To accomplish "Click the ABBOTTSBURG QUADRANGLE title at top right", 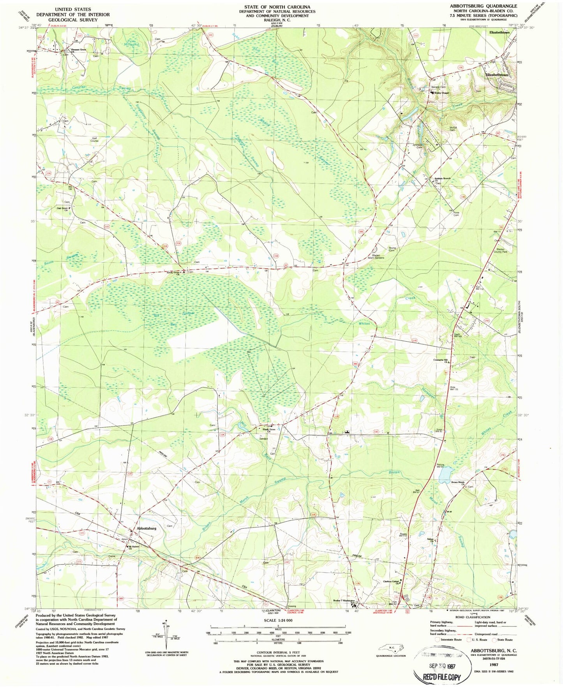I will point(478,6).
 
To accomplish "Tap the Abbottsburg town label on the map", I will point(146,528).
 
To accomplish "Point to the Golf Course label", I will point(95,139).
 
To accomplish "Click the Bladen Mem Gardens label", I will point(376,257).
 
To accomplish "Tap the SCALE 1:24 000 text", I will point(278,620).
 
